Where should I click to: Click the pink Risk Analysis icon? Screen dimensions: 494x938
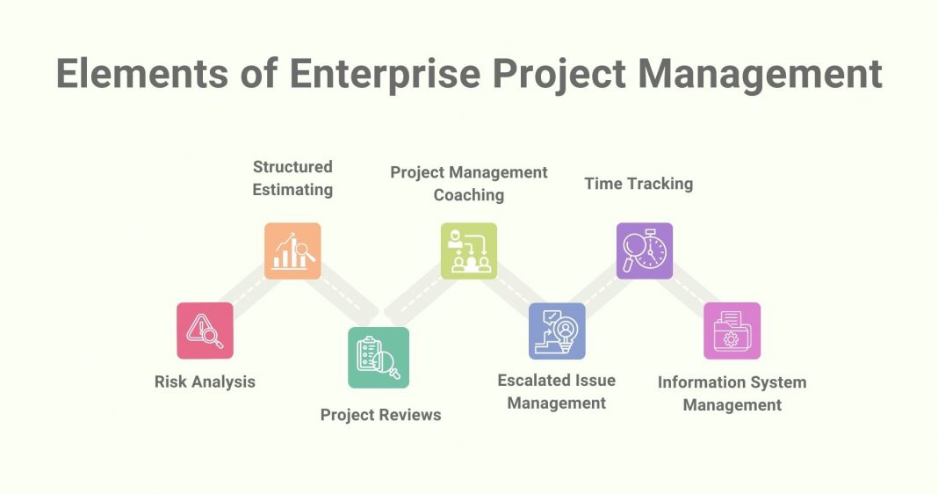205,331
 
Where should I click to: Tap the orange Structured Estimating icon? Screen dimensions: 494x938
292,251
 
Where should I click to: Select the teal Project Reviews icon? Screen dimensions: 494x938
379,357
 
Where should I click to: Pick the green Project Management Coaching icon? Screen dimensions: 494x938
469,251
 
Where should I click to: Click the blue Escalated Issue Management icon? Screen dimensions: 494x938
557,331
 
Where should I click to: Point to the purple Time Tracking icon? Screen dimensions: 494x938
644,251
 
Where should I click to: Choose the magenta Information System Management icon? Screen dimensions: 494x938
732,331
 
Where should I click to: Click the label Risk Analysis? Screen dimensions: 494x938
205,381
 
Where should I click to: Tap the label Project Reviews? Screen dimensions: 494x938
380,414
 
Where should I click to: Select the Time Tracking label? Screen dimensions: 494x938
639,184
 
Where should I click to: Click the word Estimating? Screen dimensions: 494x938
292,189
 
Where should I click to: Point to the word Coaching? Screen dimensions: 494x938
469,194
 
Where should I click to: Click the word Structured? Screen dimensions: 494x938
292,166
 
